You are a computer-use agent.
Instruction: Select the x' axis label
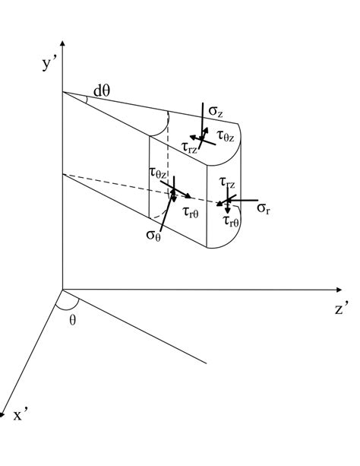coord(20,415)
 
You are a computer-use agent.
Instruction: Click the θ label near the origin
coord(73,320)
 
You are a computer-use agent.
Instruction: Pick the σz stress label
coord(215,113)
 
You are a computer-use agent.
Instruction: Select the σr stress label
coord(264,208)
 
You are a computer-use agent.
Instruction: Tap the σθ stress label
coord(154,234)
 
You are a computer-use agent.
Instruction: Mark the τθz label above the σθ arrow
coord(158,174)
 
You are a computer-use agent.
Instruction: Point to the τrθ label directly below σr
coord(232,221)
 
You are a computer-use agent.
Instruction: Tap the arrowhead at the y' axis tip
coord(63,43)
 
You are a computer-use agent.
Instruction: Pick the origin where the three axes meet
coord(63,290)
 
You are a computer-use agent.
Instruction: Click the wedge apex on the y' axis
coord(63,92)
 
